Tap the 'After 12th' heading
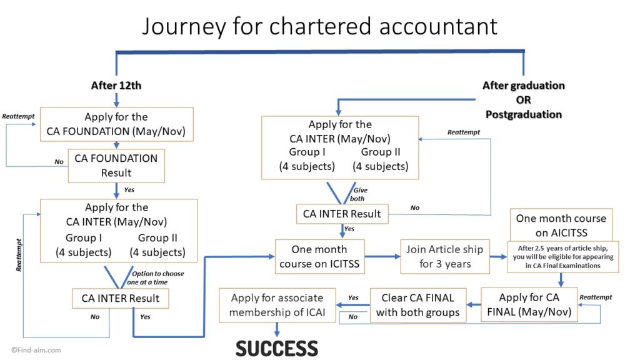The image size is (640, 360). coord(116,86)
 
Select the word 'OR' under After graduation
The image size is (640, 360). coord(523,100)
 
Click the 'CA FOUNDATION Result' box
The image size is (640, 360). coord(116,166)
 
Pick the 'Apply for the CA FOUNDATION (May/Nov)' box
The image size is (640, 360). coord(116,124)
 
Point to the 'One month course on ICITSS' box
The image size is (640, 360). coord(319,256)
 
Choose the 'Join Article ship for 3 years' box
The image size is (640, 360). coord(444,256)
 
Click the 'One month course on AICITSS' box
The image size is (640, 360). coord(561,225)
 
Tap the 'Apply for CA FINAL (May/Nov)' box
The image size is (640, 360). coord(529,304)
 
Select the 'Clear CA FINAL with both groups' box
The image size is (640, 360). coord(417,304)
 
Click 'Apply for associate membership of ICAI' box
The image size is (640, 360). coord(276,304)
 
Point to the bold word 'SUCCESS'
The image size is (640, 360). coord(276,348)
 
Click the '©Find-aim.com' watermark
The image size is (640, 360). coord(36,351)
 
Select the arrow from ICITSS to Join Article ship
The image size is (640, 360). coord(382,256)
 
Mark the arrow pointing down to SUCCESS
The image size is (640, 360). coord(276,331)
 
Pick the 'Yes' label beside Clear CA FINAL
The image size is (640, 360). coord(353,297)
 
